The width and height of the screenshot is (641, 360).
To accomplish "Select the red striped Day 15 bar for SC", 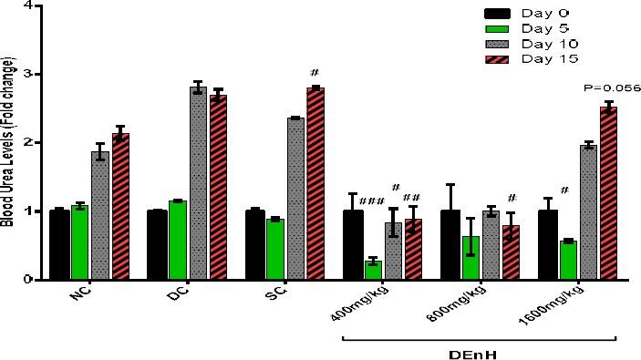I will coord(315,183).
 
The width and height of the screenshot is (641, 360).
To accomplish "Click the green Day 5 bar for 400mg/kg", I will coord(372,270).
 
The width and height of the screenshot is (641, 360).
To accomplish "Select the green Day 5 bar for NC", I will coord(80,242).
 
